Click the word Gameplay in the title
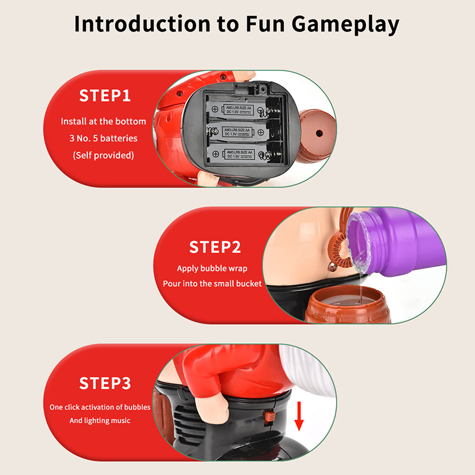[x=346, y=25]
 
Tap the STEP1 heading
[x=105, y=96]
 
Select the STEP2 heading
[x=215, y=247]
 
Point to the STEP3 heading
[x=105, y=383]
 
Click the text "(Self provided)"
[x=103, y=155]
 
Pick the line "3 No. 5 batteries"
[x=103, y=138]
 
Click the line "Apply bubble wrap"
[x=212, y=269]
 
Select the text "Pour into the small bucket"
[x=212, y=284]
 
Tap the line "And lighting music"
[x=100, y=420]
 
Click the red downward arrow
[x=299, y=416]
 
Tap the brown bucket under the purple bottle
[x=347, y=305]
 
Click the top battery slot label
[x=238, y=110]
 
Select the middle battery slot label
[x=237, y=132]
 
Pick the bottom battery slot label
[x=239, y=154]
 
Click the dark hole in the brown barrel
[x=319, y=133]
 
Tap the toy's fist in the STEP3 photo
[x=212, y=407]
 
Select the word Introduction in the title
[x=142, y=24]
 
